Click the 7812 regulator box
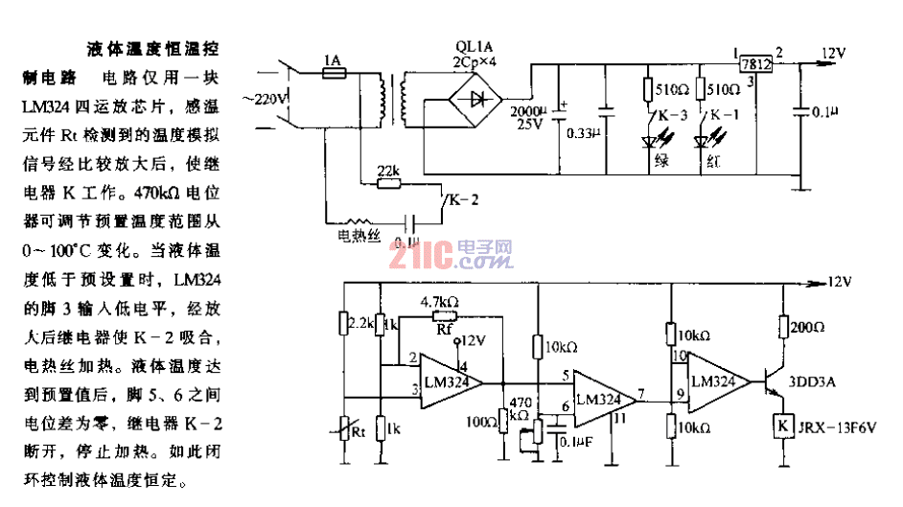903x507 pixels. (757, 63)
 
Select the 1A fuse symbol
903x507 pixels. (333, 73)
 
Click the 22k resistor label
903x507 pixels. (387, 171)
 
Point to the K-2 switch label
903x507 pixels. (461, 198)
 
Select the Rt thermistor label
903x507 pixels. (359, 431)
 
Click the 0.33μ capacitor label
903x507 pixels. (580, 131)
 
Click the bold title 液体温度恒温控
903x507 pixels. (162, 47)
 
